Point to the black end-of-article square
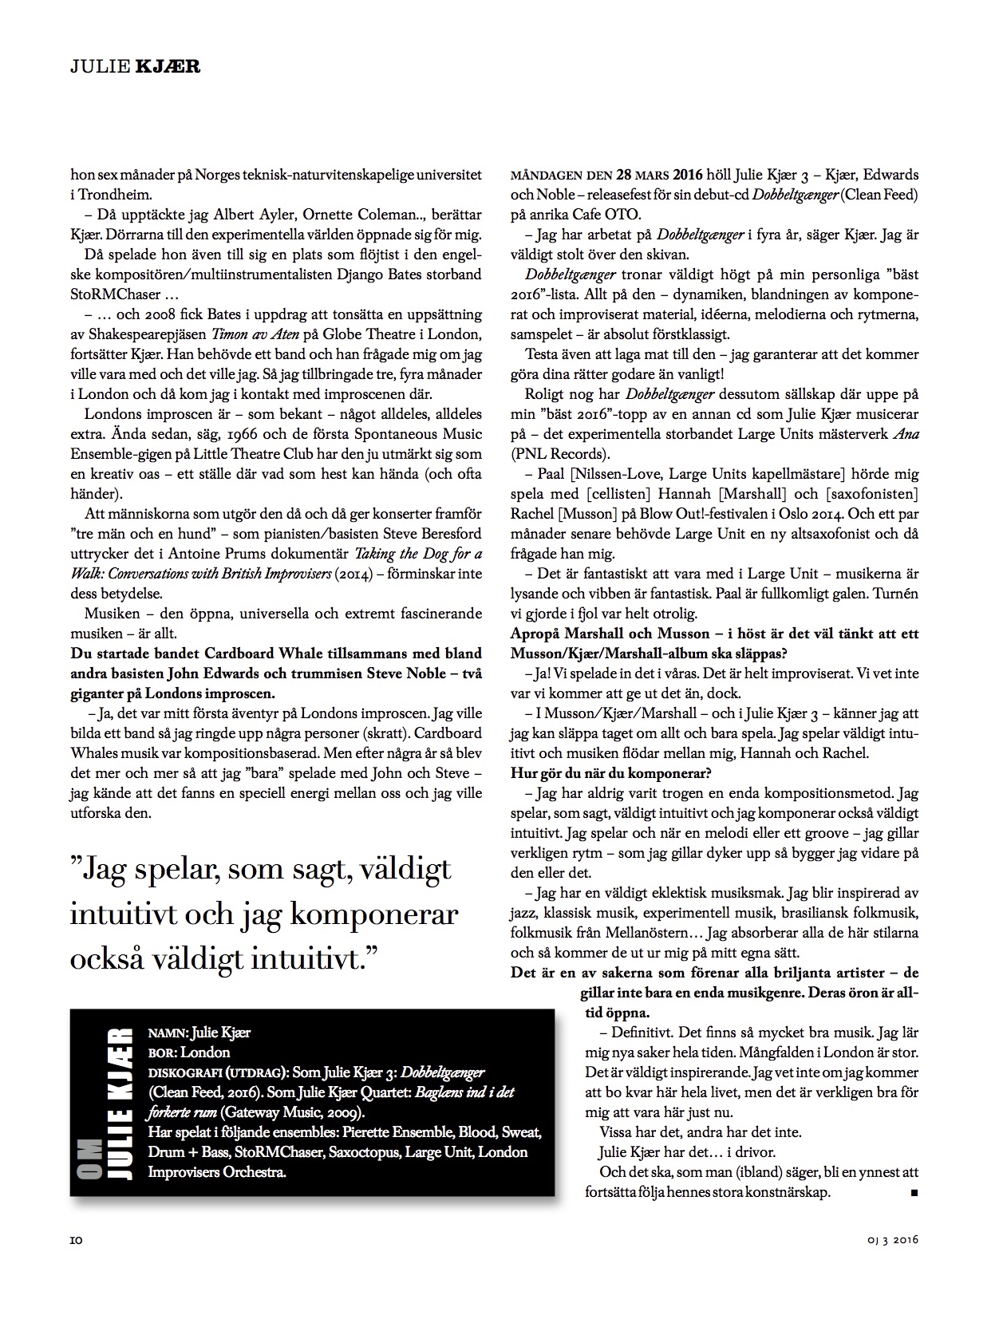point(914,1192)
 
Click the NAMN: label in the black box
point(168,1033)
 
